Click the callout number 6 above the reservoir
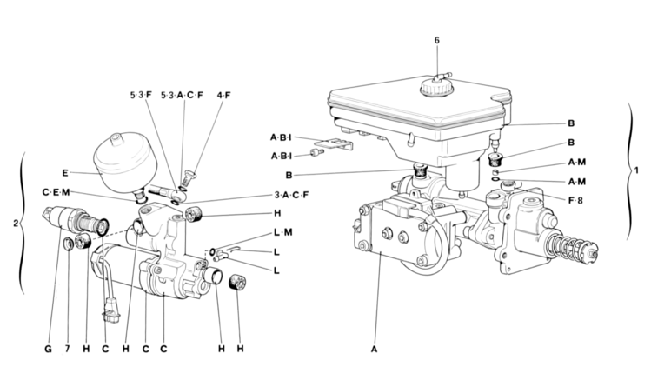(437, 40)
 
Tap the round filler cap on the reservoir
(437, 87)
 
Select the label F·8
(575, 201)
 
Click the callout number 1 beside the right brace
(637, 170)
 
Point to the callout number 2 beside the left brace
(16, 224)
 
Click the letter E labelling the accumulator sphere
(65, 173)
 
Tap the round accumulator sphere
(123, 163)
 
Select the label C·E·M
(56, 192)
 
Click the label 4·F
(223, 95)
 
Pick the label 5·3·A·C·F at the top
(183, 95)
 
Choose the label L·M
(283, 232)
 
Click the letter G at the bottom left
(48, 350)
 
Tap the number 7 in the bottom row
(67, 350)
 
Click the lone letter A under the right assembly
(374, 350)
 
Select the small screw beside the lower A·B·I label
(318, 153)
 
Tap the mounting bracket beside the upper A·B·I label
(339, 144)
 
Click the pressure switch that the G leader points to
(75, 219)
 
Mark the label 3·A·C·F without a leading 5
(291, 195)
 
